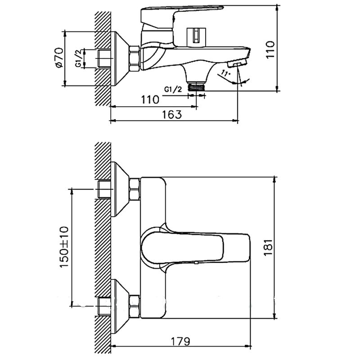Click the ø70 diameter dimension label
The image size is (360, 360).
59,58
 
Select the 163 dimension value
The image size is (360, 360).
172,114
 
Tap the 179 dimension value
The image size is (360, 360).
180,341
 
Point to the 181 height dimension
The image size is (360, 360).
268,247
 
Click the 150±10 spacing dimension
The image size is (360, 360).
64,247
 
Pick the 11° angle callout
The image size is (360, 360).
226,74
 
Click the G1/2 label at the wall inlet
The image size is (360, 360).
78,58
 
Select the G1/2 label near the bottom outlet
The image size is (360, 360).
173,89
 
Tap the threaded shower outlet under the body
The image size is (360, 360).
196,87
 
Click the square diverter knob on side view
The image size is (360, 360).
196,36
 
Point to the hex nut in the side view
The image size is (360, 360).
134,58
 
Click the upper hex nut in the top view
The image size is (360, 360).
134,189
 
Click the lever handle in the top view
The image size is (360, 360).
195,248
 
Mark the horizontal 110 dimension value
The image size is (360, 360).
150,99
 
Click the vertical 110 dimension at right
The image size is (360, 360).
270,49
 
